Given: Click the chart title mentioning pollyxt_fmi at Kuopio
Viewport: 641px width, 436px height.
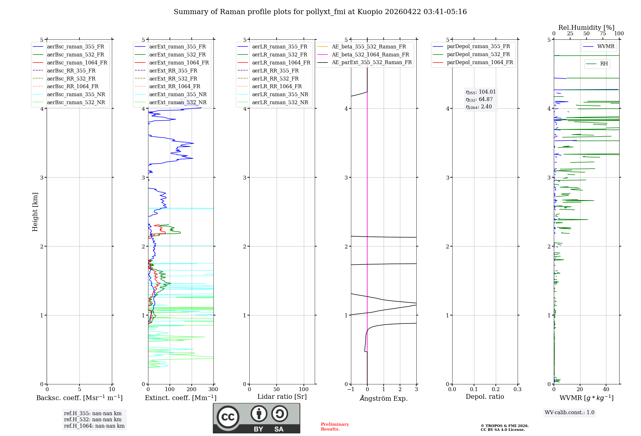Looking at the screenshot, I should (x=320, y=12).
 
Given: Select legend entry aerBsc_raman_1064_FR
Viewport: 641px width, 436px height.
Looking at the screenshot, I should (x=77, y=63).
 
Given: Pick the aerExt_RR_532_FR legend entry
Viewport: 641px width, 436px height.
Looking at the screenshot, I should (x=173, y=79).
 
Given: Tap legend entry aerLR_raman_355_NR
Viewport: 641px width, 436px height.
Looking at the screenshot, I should (x=280, y=94).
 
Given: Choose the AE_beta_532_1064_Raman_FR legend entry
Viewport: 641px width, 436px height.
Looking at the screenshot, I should (x=370, y=55).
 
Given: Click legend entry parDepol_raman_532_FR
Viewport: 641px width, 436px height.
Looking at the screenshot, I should (x=478, y=55).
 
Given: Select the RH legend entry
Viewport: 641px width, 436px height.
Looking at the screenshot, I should (x=604, y=64).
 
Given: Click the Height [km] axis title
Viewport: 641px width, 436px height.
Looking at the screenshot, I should (x=35, y=212).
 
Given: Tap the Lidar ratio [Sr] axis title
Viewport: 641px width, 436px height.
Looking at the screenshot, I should (x=282, y=397).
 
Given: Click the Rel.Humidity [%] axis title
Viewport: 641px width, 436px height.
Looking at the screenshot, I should (x=586, y=28).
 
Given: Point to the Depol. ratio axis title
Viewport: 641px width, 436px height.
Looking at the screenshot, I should (x=485, y=397).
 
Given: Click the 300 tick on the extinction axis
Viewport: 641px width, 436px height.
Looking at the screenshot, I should (x=213, y=390).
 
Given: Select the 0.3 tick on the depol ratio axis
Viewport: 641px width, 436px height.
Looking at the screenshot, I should (x=517, y=390).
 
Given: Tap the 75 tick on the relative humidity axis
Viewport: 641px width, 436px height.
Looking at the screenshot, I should (x=603, y=34).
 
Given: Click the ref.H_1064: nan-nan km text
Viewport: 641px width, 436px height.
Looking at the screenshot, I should (x=94, y=426).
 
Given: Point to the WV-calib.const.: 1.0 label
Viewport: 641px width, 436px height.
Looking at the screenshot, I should (x=570, y=413).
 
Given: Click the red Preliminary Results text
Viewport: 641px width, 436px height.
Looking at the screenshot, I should (x=335, y=427).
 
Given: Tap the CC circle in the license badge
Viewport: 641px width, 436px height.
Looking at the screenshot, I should (x=228, y=417).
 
